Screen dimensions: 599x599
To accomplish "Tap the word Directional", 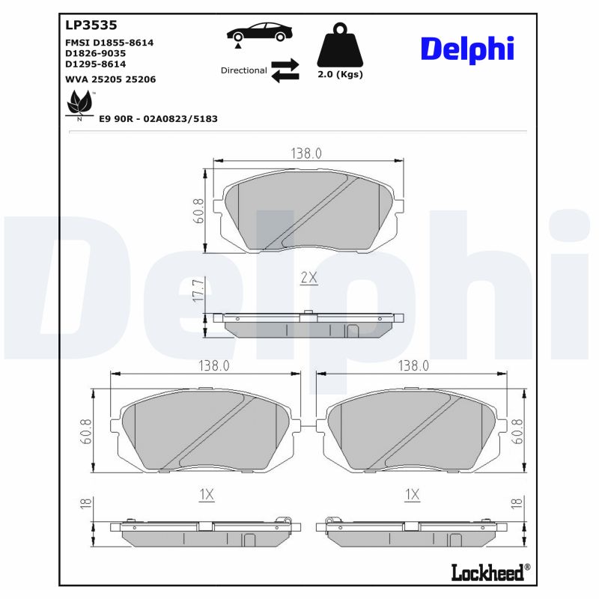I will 243,70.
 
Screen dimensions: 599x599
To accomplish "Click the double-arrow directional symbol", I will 285,70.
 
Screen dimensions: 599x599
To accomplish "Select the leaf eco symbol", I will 80,103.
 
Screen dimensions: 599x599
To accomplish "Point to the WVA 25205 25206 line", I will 110,79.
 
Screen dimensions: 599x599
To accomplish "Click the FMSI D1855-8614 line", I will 109,43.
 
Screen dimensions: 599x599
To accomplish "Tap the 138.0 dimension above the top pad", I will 305,153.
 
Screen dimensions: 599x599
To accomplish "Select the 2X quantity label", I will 308,278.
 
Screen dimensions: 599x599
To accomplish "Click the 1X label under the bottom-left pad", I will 207,494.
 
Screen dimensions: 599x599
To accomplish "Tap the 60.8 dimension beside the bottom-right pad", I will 516,433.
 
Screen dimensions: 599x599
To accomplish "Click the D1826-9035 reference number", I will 95,53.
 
